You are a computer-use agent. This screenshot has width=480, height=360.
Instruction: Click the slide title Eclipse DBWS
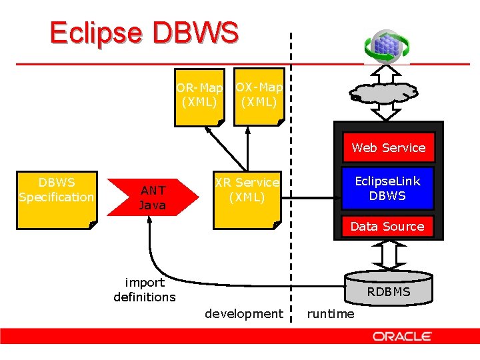tap(143, 33)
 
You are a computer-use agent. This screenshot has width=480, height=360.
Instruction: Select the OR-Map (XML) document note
tap(199, 97)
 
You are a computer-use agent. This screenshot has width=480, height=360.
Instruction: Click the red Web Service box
tap(389, 147)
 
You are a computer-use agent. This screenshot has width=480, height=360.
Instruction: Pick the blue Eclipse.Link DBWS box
tap(387, 188)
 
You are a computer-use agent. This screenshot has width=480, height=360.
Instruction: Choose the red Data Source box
tap(387, 226)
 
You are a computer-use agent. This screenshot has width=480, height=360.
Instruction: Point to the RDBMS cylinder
tap(389, 287)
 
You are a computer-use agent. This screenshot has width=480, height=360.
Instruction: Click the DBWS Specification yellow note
tap(57, 199)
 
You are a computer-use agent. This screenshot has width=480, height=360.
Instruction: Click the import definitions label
tap(145, 289)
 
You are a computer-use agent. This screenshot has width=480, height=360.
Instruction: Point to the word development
tap(243, 313)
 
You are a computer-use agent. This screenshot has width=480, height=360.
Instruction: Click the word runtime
tap(331, 313)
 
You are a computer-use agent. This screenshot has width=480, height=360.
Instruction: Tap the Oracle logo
tap(402, 337)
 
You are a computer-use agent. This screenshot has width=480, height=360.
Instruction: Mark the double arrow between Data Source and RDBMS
tap(388, 254)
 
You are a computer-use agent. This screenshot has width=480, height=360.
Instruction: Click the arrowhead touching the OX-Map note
tap(247, 129)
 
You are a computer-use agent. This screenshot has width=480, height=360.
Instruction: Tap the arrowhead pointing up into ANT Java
tap(151, 221)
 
